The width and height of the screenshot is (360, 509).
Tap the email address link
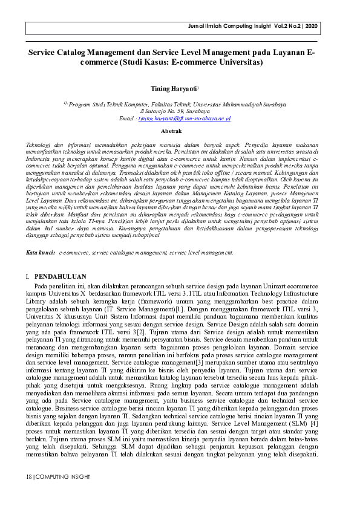pyautogui.click(x=184, y=118)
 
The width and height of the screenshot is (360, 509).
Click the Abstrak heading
pyautogui.click(x=171, y=130)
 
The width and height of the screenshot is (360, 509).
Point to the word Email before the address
pyautogui.click(x=127, y=118)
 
